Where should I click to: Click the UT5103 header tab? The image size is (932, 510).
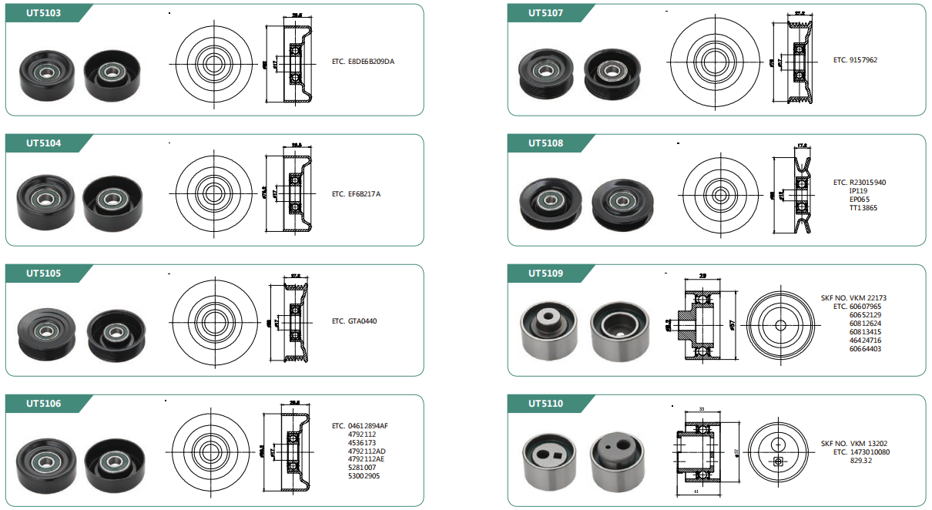(x=43, y=13)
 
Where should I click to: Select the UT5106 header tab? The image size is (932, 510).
(x=43, y=404)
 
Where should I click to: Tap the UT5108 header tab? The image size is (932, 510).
(x=545, y=143)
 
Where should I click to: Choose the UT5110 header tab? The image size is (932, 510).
(x=545, y=404)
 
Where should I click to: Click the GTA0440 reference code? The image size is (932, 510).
(x=363, y=321)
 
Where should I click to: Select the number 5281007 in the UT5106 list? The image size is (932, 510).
(x=362, y=468)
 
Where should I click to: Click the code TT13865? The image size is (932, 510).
(x=863, y=208)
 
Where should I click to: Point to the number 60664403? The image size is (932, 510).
(x=865, y=349)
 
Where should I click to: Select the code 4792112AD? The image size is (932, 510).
(x=367, y=451)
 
